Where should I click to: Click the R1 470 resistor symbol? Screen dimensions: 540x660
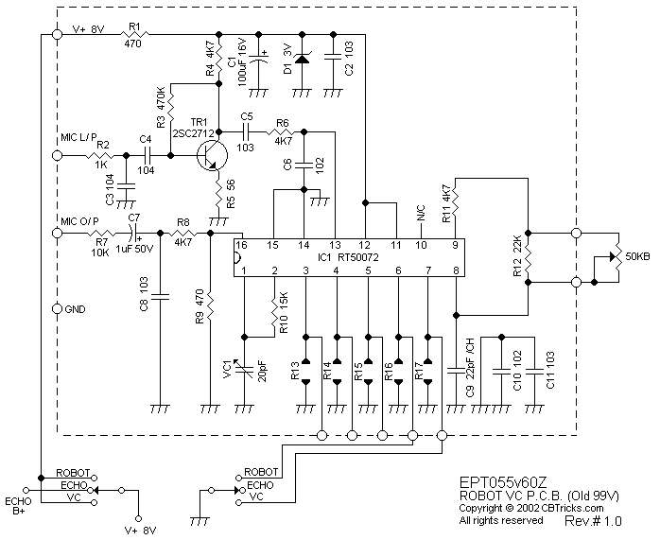pos(132,37)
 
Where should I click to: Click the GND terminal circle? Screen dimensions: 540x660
pos(57,309)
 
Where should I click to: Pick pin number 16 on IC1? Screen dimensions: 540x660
pos(243,245)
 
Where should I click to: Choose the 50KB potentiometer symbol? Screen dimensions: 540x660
pos(613,254)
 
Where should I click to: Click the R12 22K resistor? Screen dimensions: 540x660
pos(528,254)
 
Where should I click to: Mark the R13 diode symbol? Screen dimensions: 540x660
pos(305,370)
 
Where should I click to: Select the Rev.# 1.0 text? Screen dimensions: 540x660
pos(593,521)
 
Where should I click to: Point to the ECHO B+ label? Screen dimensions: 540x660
pos(18,507)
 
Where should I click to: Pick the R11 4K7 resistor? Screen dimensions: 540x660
pos(456,200)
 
